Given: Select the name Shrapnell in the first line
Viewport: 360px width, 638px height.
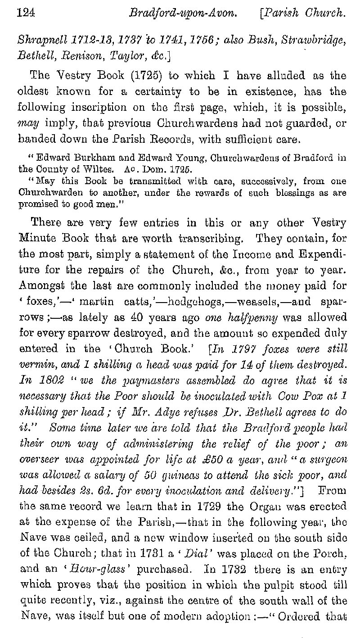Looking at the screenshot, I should (x=40, y=40).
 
